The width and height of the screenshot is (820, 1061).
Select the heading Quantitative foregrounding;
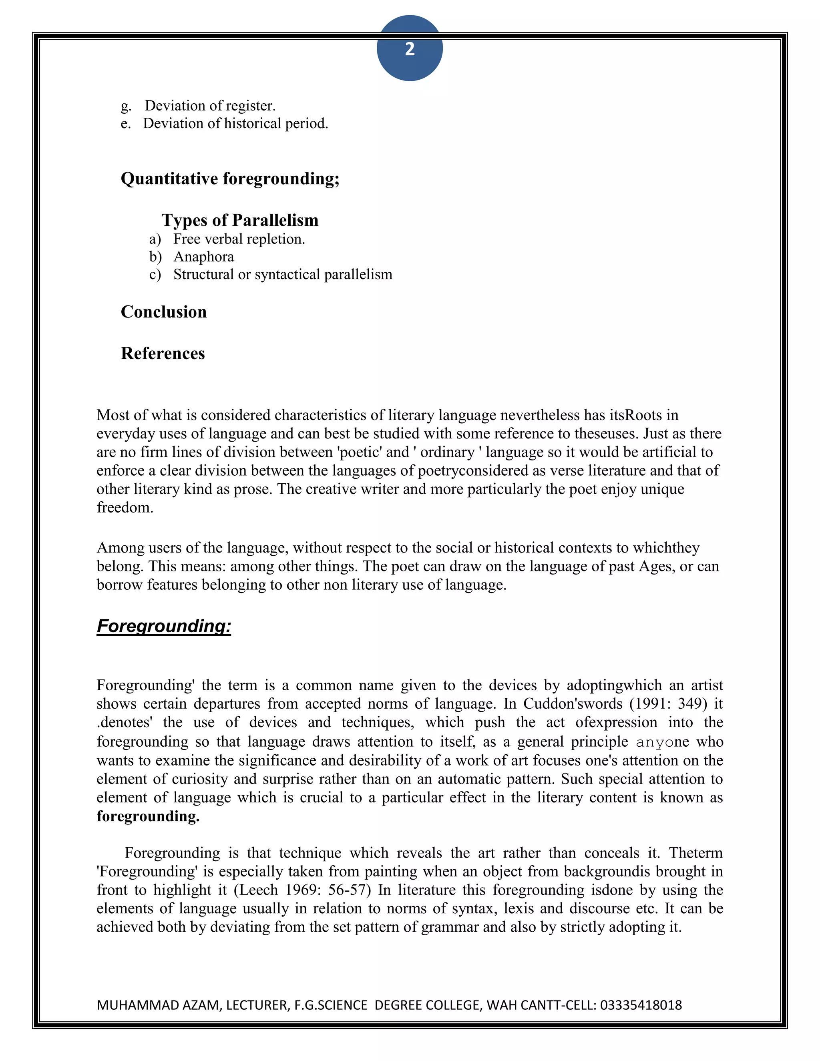[x=230, y=179]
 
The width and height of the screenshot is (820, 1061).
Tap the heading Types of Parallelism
[x=240, y=220]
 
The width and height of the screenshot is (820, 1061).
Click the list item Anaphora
[x=203, y=257]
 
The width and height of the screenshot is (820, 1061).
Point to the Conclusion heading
[x=164, y=312]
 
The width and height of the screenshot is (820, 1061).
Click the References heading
[x=163, y=353]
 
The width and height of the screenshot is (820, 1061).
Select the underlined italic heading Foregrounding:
[x=164, y=626]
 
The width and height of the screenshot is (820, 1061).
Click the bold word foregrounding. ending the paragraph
[x=148, y=816]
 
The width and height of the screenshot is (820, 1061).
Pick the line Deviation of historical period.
[x=235, y=123]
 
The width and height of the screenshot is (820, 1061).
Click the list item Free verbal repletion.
[x=239, y=239]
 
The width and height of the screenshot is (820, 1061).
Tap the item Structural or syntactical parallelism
[x=283, y=275]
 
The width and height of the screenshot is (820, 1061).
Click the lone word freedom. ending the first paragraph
[x=125, y=508]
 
